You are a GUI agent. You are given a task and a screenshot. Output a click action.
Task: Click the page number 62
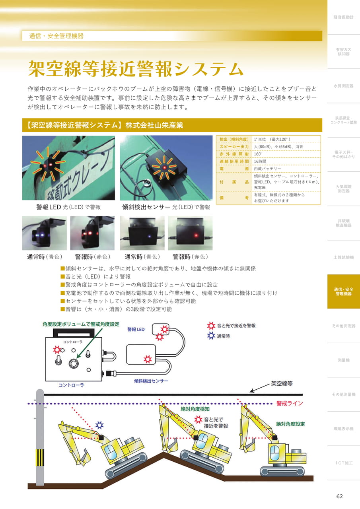pos(339,496)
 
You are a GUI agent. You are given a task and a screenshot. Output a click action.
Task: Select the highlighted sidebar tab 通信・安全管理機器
pos(344,291)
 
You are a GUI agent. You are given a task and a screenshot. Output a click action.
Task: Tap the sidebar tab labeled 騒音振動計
pos(344,17)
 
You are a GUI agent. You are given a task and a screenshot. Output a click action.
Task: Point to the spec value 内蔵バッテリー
pos(267,169)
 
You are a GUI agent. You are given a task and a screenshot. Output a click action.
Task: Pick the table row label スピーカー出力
pos(234,147)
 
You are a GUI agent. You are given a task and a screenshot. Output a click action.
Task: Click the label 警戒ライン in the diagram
pos(290,403)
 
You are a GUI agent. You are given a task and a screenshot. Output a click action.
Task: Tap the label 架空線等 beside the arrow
pos(282,384)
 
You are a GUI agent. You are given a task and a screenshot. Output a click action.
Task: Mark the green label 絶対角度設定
pos(290,424)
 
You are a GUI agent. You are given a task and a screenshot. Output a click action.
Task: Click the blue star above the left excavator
pos(99,425)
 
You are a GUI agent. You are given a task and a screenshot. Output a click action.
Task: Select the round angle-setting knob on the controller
pos(74,363)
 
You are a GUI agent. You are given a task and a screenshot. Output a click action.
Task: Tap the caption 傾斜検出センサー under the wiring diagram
pos(151,381)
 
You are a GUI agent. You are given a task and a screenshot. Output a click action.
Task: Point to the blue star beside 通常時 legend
pos(211,336)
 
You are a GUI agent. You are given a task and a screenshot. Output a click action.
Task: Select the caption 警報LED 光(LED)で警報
pos(68,207)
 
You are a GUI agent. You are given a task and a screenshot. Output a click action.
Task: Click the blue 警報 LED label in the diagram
pos(136,330)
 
